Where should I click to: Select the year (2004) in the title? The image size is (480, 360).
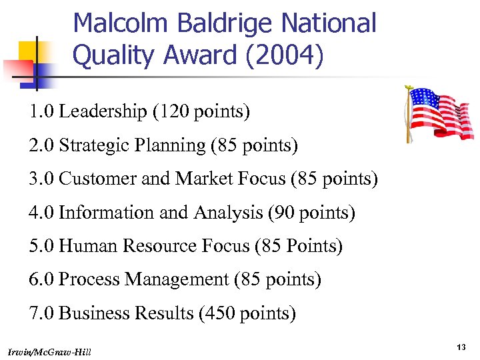point(280,56)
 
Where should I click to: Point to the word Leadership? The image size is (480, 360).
point(103,111)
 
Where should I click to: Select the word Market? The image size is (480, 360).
point(202,179)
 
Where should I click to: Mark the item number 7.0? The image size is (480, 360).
point(41,313)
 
